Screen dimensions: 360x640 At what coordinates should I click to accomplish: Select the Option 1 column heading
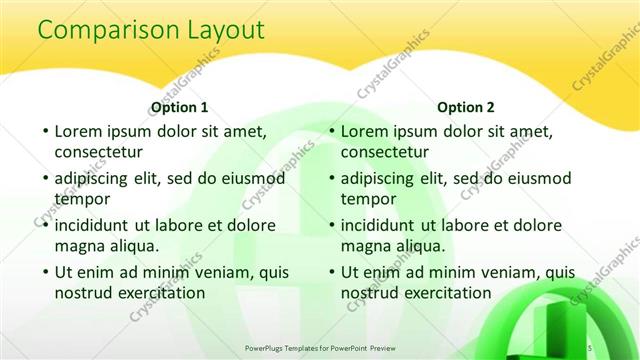180,107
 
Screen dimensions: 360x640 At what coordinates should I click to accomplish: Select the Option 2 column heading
466,107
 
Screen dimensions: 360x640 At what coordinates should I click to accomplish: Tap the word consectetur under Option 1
98,153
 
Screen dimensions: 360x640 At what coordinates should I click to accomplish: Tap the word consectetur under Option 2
384,153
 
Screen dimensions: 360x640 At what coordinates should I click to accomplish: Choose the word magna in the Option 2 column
366,246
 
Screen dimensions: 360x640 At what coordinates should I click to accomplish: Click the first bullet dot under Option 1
45,131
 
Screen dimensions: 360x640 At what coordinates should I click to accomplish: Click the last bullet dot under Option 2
331,271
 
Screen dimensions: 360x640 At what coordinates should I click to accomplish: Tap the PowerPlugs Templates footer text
320,347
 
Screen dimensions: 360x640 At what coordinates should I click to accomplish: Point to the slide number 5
590,347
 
